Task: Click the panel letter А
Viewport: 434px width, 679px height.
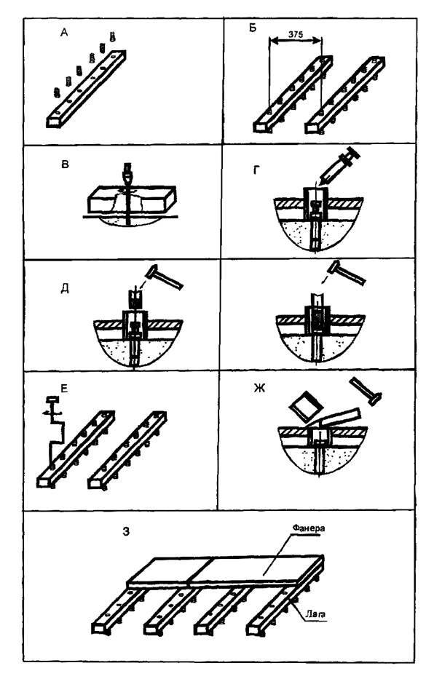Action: (65, 33)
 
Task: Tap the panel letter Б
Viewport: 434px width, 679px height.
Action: (253, 28)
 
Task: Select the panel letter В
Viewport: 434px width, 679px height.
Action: (65, 164)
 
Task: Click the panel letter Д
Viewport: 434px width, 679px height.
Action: (65, 289)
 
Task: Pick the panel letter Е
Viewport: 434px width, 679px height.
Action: (64, 389)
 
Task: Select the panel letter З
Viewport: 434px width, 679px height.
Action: (126, 531)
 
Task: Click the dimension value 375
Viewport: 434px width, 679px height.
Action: (295, 33)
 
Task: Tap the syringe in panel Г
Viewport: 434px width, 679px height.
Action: (337, 168)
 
